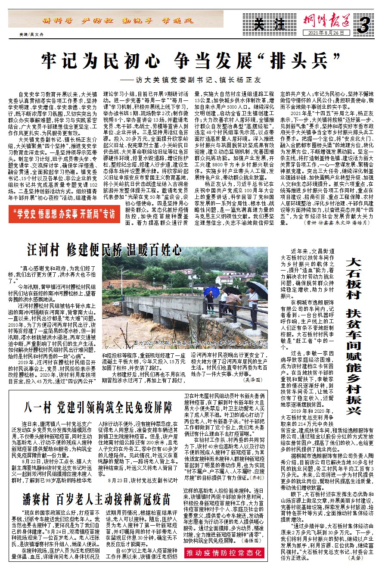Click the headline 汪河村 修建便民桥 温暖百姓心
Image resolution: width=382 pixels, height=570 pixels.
(x=98, y=249)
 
